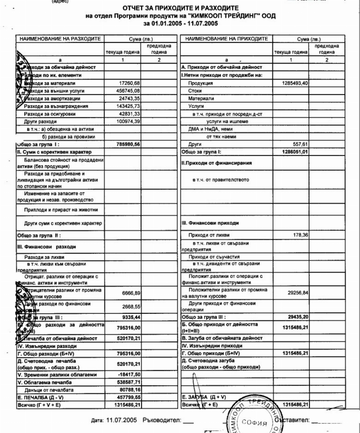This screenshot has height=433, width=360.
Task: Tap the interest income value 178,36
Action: (299, 235)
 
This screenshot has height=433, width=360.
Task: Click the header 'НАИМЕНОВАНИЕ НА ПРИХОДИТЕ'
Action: (226, 39)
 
